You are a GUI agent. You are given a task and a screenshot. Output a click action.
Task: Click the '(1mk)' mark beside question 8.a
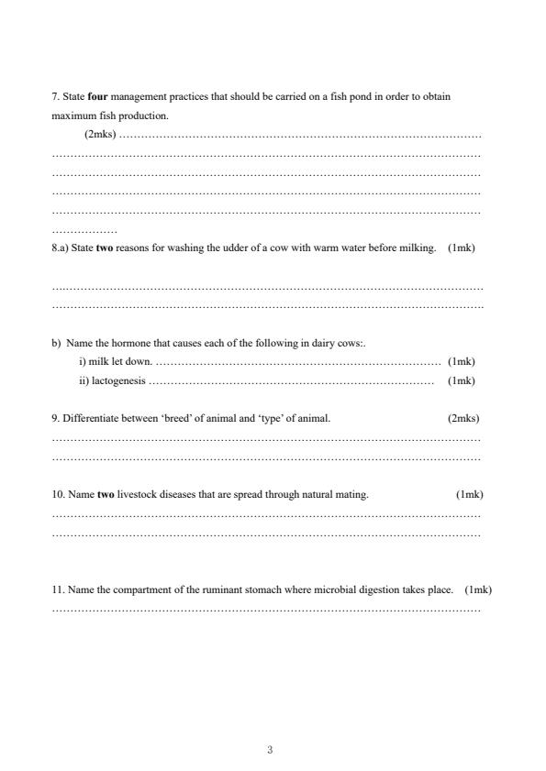(x=462, y=248)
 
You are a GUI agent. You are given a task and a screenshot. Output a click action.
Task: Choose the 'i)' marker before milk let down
(x=82, y=361)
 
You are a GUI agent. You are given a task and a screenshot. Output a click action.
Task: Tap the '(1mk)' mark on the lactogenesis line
(x=462, y=380)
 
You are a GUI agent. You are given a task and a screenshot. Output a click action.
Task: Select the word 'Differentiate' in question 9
(x=90, y=418)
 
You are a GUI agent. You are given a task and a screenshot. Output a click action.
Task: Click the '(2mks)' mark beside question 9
(x=463, y=418)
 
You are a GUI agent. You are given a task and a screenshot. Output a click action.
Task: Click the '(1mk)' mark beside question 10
(x=470, y=494)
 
